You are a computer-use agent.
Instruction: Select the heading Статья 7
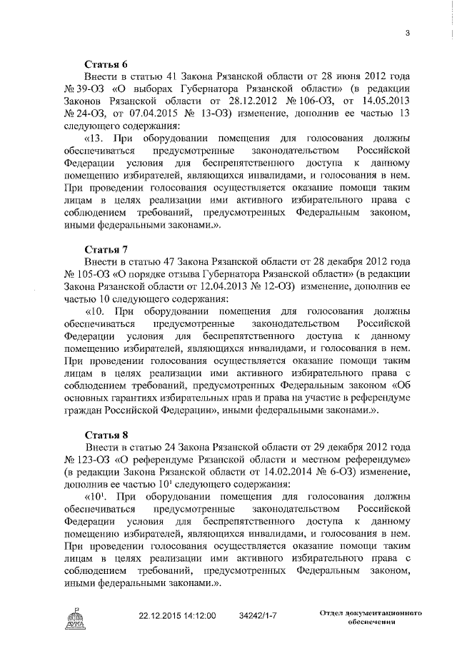(105, 249)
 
